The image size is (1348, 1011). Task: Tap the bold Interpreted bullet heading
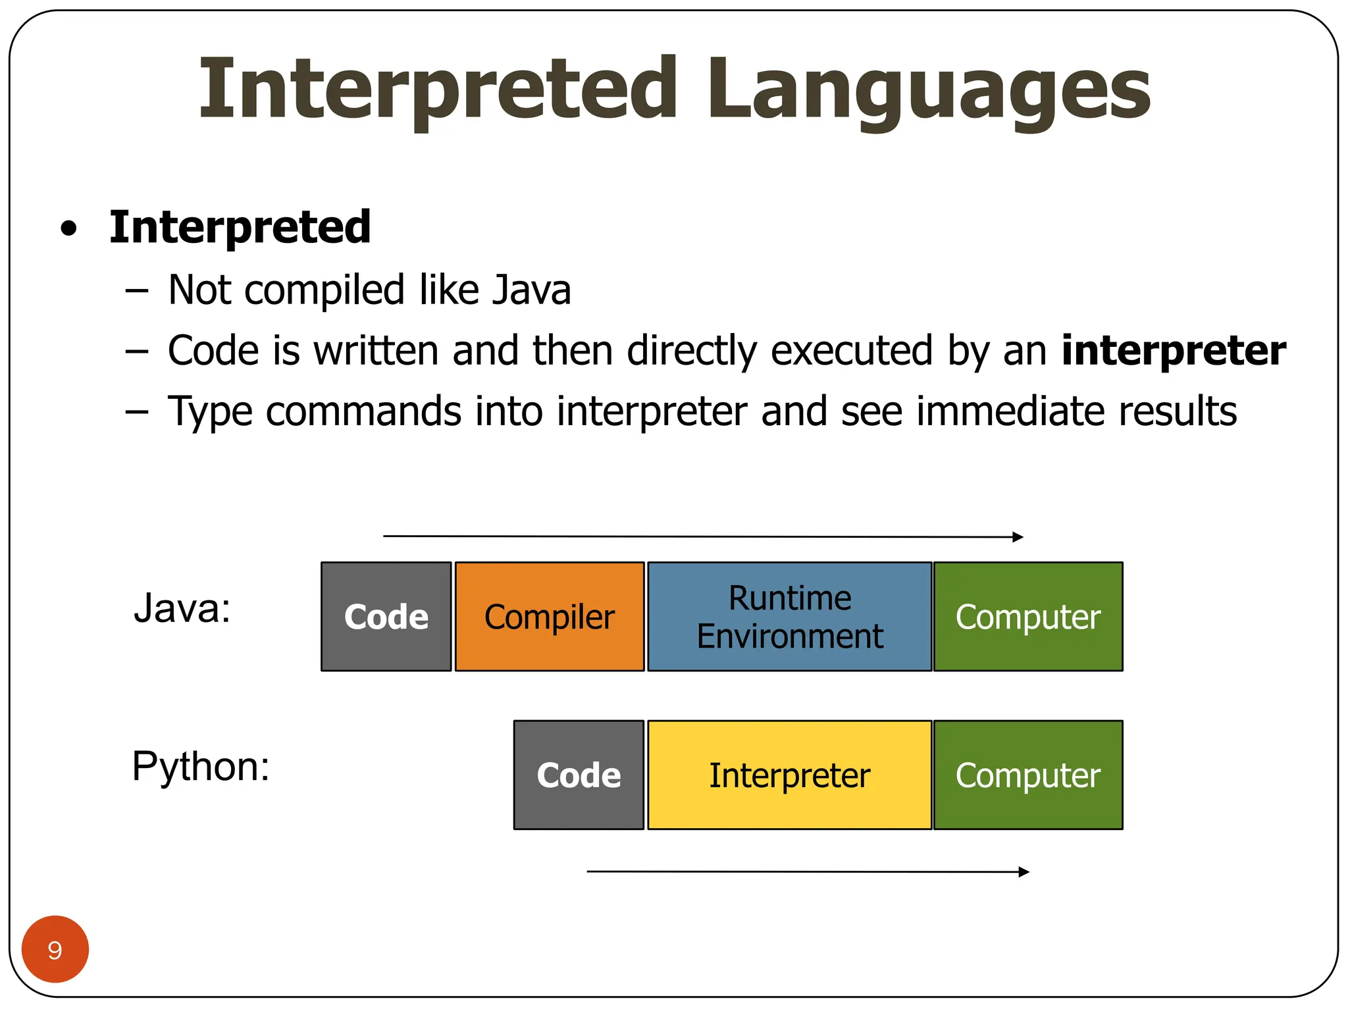[x=240, y=227]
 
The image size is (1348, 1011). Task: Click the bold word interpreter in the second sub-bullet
[x=1174, y=350]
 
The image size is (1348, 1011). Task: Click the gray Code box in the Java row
[x=386, y=617]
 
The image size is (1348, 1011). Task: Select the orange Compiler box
[x=550, y=617]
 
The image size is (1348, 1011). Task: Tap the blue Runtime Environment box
[x=790, y=617]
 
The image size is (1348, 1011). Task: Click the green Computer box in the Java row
[x=1028, y=617]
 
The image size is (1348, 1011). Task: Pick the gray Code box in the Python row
[x=579, y=775]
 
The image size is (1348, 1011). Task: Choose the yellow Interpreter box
[x=790, y=775]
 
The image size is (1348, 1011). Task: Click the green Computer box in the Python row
[x=1028, y=775]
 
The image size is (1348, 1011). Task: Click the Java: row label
[x=182, y=608]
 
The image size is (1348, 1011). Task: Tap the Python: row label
[x=201, y=767]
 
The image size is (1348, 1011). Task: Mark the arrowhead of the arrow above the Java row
[x=1019, y=537]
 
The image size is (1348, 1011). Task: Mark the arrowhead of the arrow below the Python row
[x=1025, y=872]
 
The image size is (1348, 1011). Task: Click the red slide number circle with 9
[x=55, y=949]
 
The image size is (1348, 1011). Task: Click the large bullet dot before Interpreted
[x=68, y=230]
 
